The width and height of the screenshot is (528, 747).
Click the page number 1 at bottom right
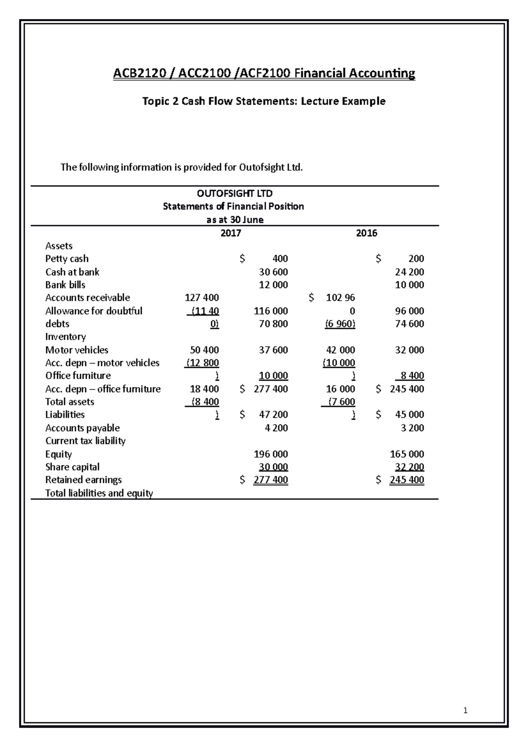pos(466,710)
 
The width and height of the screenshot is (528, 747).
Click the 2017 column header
pos(231,233)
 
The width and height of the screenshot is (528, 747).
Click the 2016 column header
pos(367,233)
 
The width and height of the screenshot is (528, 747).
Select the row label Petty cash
pos(67,259)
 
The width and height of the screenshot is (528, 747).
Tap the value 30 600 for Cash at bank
pos(273,272)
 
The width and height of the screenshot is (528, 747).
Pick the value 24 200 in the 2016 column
pos(410,272)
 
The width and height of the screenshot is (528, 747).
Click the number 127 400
pos(202,298)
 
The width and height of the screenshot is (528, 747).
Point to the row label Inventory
pos(66,337)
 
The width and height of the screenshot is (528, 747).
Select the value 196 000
pos(271,454)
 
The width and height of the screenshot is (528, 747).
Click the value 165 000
pos(407,454)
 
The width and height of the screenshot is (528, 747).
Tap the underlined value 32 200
pos(410,467)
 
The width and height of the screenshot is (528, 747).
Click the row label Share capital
pos(73,467)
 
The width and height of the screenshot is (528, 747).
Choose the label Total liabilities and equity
pos(99,493)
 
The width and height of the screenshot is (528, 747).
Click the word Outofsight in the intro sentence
pos(260,167)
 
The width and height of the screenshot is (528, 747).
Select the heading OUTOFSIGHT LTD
pos(235,193)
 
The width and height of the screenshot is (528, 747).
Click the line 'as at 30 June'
pos(235,220)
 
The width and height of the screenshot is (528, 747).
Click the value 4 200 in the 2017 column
pos(276,428)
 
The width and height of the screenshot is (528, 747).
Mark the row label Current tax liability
pos(85,441)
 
